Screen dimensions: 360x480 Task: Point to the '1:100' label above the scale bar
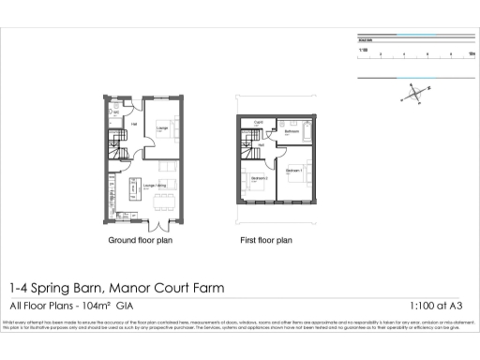(x=363, y=48)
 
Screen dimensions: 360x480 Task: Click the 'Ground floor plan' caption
(x=142, y=241)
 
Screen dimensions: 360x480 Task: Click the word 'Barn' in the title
(x=92, y=288)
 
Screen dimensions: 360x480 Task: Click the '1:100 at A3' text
(x=438, y=306)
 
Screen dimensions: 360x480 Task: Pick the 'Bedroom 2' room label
(x=260, y=178)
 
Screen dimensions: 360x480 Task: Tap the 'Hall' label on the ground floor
(x=134, y=122)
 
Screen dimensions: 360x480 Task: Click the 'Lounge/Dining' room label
(x=156, y=186)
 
